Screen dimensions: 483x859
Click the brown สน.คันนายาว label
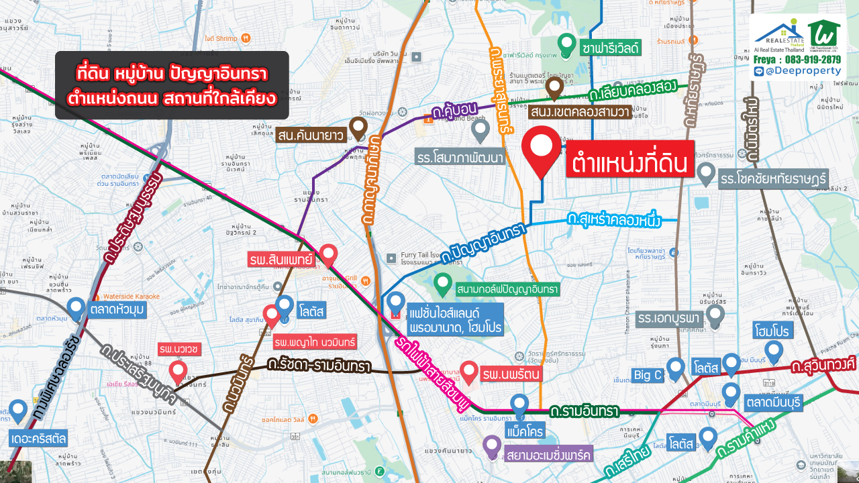(x=309, y=136)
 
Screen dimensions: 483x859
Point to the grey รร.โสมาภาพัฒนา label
(x=460, y=158)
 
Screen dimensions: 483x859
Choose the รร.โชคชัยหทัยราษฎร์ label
(x=774, y=179)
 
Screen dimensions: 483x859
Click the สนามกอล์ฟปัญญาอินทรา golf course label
(x=507, y=290)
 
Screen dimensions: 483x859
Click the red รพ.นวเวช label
(x=177, y=350)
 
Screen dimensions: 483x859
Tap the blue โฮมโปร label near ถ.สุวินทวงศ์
(x=774, y=331)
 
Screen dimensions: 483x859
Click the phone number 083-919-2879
(x=805, y=60)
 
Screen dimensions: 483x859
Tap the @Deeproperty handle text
(x=802, y=71)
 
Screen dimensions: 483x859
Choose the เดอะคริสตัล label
(x=39, y=439)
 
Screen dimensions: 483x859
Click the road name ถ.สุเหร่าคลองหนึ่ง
(x=613, y=219)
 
